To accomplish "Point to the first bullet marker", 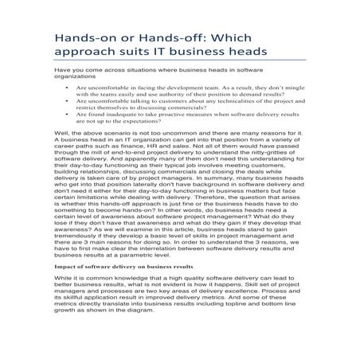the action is point(68,88).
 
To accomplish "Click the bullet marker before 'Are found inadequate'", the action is point(68,114).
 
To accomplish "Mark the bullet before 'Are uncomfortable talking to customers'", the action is point(68,101).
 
